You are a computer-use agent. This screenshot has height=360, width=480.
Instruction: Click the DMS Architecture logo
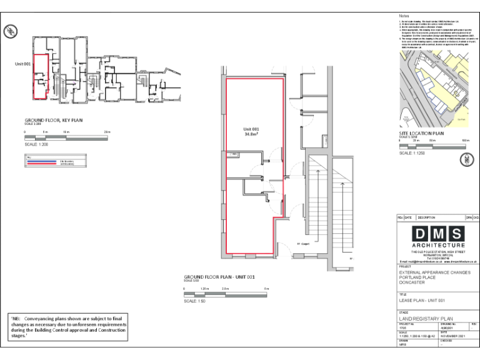(438, 237)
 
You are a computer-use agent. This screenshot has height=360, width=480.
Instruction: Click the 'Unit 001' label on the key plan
(23, 64)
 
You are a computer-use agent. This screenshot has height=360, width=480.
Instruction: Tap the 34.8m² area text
(252, 134)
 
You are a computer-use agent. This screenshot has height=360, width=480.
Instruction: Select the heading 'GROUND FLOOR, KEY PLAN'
(54, 120)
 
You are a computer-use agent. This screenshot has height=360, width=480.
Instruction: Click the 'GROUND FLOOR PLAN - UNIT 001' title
(219, 276)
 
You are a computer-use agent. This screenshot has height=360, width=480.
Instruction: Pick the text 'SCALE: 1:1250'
(415, 153)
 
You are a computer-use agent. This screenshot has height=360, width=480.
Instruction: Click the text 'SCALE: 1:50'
(195, 301)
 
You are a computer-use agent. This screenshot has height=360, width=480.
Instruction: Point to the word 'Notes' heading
(404, 16)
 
